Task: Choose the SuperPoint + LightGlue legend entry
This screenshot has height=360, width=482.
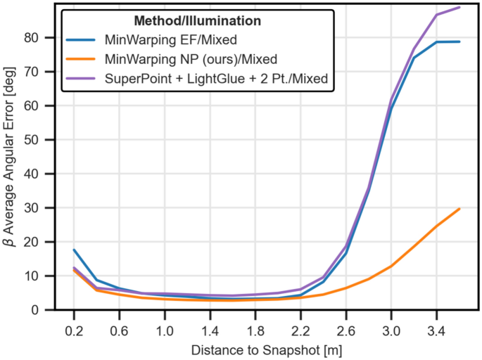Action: pos(216,79)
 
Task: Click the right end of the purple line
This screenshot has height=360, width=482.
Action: pos(459,7)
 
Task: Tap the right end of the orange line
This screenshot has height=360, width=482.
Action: pos(459,209)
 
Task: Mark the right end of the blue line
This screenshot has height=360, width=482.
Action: pos(459,41)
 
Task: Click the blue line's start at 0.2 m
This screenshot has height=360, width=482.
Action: pos(74,250)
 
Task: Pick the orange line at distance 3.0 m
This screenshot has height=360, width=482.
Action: pos(391,266)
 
